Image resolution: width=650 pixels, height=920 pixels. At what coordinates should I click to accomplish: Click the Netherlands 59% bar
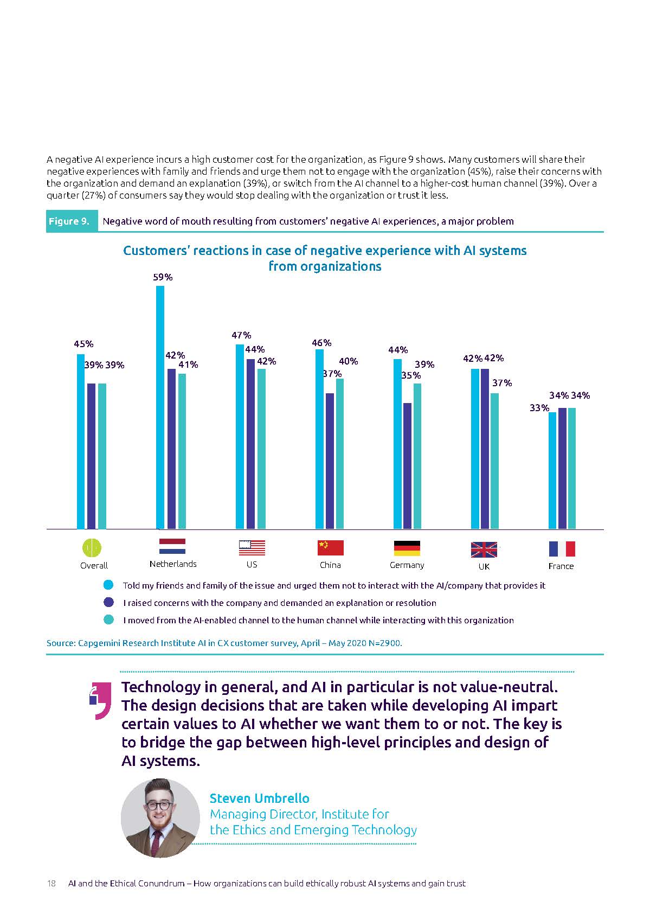[160, 407]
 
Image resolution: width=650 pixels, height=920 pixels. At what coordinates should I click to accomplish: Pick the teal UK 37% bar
[494, 461]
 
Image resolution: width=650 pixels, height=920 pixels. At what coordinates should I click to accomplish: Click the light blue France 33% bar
[552, 470]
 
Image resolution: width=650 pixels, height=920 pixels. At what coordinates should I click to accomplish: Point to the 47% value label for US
[241, 335]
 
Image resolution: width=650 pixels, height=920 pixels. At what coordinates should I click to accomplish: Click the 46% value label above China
[321, 343]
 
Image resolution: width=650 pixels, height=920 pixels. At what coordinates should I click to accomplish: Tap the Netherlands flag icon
[172, 546]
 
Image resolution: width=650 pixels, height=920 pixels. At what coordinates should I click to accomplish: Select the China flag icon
[330, 548]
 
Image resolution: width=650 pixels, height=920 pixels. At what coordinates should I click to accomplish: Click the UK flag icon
[484, 550]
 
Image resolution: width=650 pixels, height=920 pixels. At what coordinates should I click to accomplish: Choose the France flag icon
[562, 549]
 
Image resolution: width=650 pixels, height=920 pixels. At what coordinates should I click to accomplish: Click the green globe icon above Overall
[92, 547]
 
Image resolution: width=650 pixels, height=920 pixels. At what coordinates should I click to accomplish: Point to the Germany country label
[407, 565]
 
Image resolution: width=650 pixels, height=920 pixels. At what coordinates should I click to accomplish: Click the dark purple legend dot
[108, 603]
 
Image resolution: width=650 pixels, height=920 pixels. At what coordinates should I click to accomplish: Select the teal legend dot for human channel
[108, 620]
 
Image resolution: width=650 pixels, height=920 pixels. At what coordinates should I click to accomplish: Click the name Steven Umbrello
[259, 798]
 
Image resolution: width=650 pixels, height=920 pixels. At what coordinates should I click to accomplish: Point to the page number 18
[52, 884]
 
